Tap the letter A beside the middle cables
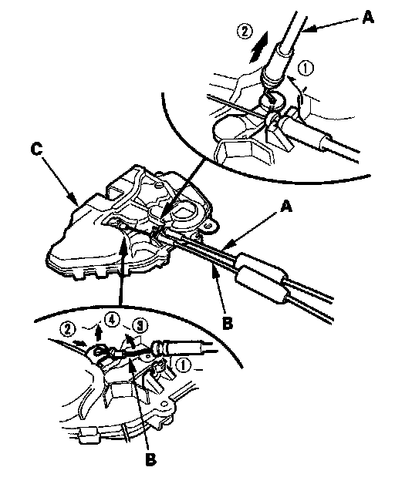286,207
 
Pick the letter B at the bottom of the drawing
150,459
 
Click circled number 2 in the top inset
245,31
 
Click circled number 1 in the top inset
306,69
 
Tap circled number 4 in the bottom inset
112,320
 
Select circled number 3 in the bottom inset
140,325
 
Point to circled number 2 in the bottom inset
68,330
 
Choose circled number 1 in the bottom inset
184,365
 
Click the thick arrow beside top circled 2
259,48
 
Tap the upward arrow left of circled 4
99,334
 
